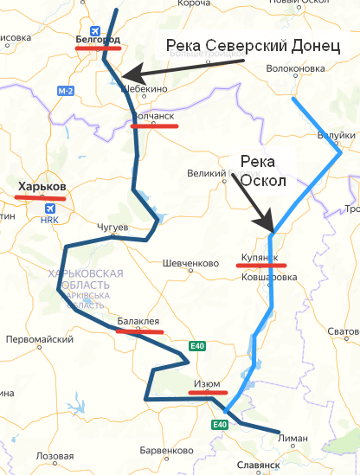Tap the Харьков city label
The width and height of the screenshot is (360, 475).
(x=42, y=186)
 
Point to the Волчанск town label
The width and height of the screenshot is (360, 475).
(x=153, y=116)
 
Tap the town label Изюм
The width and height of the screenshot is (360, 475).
(x=208, y=383)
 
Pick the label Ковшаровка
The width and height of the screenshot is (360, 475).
(x=269, y=277)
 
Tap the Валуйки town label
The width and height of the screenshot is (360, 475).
(x=336, y=136)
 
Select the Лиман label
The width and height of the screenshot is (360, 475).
(x=292, y=439)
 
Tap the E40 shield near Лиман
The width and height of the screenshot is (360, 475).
(x=220, y=424)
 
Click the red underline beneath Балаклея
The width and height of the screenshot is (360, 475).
(x=139, y=331)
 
